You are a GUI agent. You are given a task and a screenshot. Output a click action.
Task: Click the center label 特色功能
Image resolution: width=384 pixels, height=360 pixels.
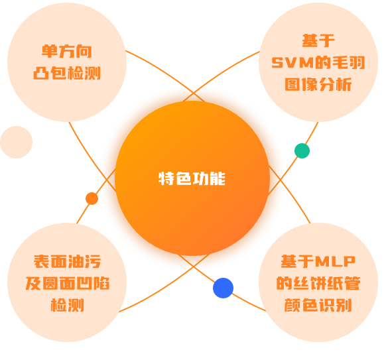[x=192, y=178]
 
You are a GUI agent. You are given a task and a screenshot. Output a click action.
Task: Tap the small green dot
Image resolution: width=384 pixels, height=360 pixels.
[x=302, y=150]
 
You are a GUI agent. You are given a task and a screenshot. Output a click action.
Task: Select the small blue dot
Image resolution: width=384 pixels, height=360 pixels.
[x=223, y=288]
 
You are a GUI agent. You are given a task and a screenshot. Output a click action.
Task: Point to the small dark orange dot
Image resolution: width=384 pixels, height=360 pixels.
[x=92, y=198]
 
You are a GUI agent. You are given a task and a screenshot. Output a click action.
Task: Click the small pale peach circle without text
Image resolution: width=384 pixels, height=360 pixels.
[x=17, y=142]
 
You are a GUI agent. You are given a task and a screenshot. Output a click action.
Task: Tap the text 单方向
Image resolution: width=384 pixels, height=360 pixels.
[x=67, y=52]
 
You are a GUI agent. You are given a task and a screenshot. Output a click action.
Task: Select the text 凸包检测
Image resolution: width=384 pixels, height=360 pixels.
[x=67, y=73]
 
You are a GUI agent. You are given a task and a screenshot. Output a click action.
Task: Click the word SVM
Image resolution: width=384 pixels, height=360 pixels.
[x=292, y=62]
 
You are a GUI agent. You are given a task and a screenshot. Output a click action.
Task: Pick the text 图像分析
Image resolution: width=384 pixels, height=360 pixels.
[x=318, y=84]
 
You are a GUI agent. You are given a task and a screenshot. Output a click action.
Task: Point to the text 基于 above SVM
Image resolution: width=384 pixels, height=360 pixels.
[x=318, y=40]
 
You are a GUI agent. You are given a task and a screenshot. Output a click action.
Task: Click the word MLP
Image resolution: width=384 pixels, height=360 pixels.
[x=336, y=261]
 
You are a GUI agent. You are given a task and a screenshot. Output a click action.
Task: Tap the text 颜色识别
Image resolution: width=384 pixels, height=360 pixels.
[x=318, y=305]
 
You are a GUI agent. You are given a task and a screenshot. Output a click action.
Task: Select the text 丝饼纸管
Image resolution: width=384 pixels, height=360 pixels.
[x=327, y=283]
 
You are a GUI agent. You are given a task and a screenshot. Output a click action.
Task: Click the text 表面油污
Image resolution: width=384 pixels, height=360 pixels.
[x=67, y=261]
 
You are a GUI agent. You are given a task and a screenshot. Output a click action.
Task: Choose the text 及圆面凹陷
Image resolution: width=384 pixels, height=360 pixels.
[x=68, y=283]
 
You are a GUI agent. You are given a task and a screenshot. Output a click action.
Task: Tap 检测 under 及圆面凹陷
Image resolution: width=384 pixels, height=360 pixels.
[x=68, y=305]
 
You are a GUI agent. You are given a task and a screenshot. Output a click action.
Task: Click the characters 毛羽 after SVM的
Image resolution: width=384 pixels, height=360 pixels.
[x=348, y=62]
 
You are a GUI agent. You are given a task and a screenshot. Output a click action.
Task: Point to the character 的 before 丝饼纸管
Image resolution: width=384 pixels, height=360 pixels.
[x=285, y=283]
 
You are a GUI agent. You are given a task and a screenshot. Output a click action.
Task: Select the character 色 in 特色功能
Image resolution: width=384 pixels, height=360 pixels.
[x=184, y=178]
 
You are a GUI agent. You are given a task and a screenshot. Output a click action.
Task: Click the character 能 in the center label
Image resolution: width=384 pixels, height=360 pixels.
[x=218, y=178]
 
